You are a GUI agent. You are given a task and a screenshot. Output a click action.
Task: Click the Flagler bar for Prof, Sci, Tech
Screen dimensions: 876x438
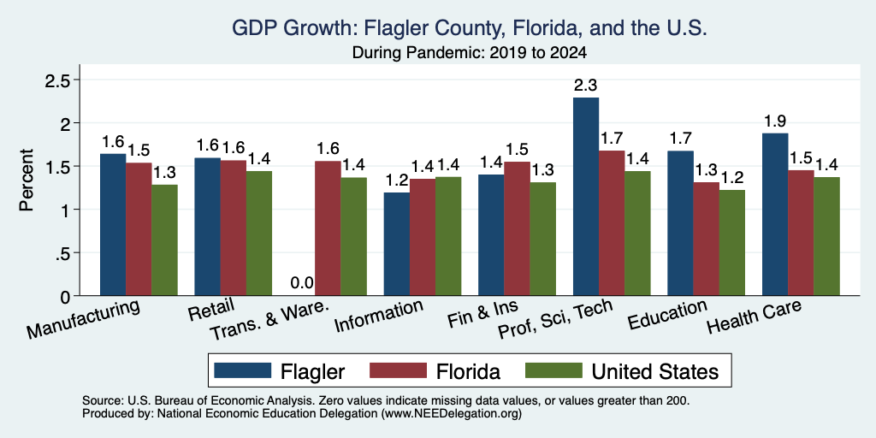[x=586, y=197]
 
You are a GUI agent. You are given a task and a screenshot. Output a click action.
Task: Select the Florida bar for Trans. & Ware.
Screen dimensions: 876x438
[x=328, y=228]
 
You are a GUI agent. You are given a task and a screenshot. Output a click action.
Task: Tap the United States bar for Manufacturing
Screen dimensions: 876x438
[x=165, y=240]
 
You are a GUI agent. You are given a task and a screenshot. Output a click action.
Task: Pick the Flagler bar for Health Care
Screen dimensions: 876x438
[x=775, y=215]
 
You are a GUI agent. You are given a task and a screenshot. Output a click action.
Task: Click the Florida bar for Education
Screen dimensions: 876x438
[x=706, y=240]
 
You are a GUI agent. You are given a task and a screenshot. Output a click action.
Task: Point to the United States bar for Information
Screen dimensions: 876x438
[x=448, y=236]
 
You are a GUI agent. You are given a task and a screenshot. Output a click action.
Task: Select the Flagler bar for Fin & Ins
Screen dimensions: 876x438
[x=491, y=235]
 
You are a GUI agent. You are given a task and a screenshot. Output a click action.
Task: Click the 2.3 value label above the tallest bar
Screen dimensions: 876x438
[x=586, y=86]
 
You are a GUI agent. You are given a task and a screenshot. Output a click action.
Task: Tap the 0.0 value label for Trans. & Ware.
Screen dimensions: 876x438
[x=302, y=283]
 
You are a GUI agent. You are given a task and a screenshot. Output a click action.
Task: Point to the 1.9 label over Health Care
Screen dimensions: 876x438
[x=775, y=121]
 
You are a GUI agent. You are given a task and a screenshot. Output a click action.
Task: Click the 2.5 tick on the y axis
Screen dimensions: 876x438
[x=57, y=80]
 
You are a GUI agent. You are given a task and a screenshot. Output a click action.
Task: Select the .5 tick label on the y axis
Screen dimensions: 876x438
[x=62, y=253]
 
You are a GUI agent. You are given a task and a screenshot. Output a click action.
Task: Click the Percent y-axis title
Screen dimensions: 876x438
[x=26, y=180]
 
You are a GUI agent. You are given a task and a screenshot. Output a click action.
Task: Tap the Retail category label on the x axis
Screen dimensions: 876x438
[x=211, y=308]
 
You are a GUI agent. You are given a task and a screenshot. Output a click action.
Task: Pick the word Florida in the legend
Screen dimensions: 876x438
[x=468, y=371]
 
